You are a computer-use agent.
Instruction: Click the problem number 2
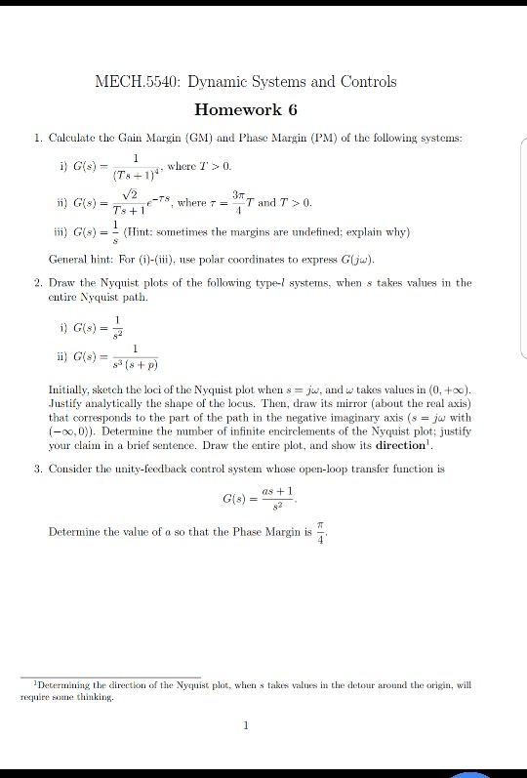[37, 282]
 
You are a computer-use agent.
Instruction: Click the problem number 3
[37, 469]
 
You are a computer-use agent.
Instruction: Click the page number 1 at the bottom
[248, 725]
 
